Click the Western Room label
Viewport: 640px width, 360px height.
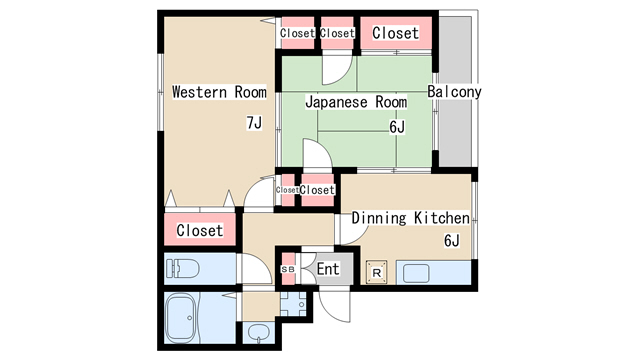click(219, 92)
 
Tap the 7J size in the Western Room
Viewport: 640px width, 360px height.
click(254, 123)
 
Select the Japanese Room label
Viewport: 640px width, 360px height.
click(356, 101)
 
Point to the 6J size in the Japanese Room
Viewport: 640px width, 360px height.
click(397, 127)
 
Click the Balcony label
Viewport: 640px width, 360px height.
click(454, 92)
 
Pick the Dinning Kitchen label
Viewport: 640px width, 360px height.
click(410, 218)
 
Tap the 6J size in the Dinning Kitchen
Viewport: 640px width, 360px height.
click(451, 241)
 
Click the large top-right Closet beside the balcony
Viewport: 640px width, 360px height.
click(395, 33)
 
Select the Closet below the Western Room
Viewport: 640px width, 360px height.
click(200, 231)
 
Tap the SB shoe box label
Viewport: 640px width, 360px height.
click(288, 270)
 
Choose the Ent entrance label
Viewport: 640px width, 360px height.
click(328, 270)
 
